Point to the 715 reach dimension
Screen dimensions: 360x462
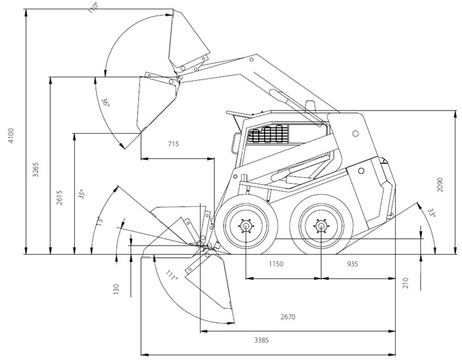(173, 144)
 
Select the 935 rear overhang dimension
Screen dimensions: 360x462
(352, 264)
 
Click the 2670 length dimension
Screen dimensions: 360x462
(287, 317)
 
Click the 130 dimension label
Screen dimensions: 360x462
(116, 289)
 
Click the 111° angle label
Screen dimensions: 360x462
(172, 276)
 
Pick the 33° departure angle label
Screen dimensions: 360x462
(432, 213)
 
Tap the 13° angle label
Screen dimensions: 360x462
(100, 220)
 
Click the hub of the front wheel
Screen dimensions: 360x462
(246, 226)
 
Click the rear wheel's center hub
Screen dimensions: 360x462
(321, 226)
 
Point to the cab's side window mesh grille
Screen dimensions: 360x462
(268, 135)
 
